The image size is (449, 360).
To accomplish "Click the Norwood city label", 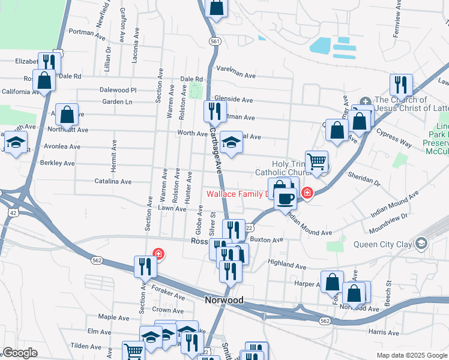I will tap(224, 300).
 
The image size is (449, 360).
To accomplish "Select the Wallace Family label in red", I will tap(237, 194).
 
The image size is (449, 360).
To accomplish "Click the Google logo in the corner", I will tap(19, 353).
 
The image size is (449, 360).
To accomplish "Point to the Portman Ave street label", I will tap(87, 32).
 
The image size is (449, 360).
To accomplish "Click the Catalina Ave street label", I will tap(112, 181).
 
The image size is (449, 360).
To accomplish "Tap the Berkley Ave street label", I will tap(57, 163).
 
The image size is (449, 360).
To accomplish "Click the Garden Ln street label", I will tap(117, 102).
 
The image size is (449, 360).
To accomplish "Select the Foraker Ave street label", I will tap(168, 295).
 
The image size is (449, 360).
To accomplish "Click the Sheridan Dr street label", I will tap(364, 178).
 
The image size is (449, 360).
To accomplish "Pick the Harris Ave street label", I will tap(384, 332).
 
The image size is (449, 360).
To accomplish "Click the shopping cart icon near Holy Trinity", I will tap(316, 161).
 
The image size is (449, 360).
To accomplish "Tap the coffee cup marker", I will tap(286, 198).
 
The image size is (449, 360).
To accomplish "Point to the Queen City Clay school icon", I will tap(421, 243).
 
